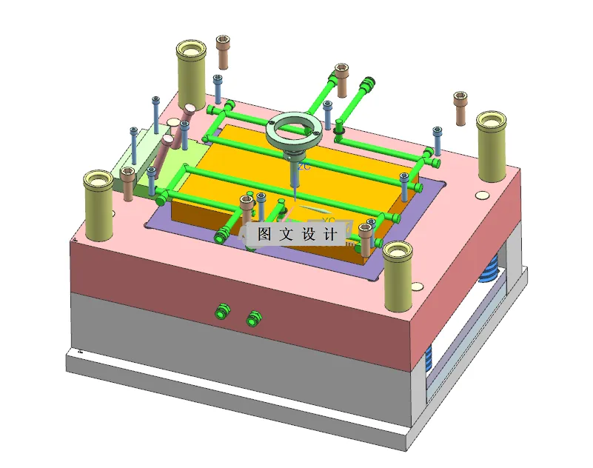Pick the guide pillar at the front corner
click(398, 278)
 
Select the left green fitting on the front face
click(220, 309)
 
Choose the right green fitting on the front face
click(255, 318)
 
